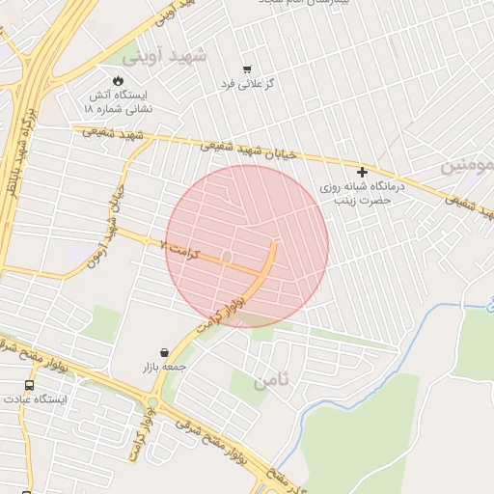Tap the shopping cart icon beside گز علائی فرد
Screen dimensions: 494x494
click(247, 69)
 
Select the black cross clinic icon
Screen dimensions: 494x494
click(362, 172)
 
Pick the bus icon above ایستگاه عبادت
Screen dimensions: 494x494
click(29, 384)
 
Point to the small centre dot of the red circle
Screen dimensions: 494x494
click(227, 257)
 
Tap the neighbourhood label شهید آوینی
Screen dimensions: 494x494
click(174, 56)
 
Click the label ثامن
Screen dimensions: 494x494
click(272, 382)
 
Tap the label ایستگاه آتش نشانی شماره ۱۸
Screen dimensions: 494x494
click(119, 102)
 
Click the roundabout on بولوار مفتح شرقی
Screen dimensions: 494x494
click(152, 403)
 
